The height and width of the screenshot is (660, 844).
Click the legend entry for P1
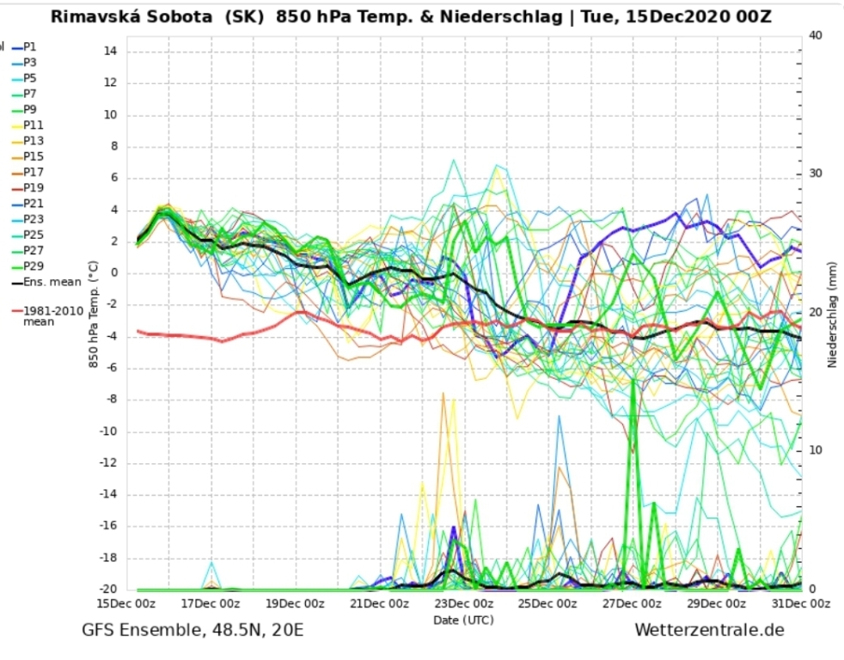(x=29, y=47)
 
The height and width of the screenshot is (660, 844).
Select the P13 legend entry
(x=33, y=141)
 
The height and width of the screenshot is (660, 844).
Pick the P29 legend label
(x=33, y=266)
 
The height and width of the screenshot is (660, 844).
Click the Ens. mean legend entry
(x=52, y=282)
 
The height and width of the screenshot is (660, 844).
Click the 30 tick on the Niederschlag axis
(x=816, y=174)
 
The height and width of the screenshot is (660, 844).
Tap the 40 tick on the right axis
(x=816, y=34)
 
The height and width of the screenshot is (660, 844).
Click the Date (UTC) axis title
(x=463, y=619)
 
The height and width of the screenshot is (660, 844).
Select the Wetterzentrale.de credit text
(x=709, y=631)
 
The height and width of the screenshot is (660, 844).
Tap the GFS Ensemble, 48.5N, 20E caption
(x=193, y=631)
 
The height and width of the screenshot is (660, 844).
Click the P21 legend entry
(x=33, y=204)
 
